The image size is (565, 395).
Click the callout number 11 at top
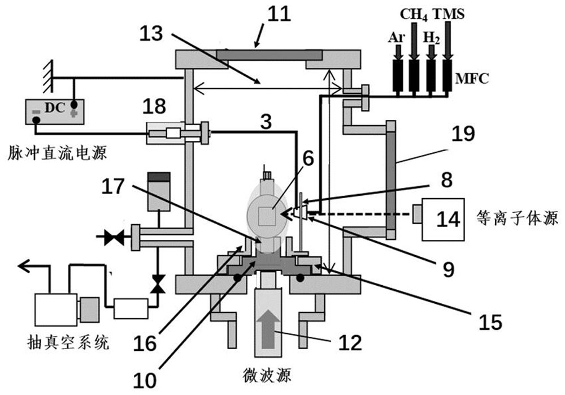(279, 15)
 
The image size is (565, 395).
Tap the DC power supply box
(55, 112)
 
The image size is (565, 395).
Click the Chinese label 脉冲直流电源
(58, 153)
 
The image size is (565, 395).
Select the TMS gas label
(449, 14)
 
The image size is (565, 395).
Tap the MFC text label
(472, 78)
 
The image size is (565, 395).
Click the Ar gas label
(397, 37)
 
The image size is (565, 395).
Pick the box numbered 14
(443, 220)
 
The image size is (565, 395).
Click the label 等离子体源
(517, 218)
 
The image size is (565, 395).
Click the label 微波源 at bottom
(267, 376)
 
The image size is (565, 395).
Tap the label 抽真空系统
(68, 342)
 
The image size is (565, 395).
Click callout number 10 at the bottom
(145, 380)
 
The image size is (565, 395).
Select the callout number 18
(154, 106)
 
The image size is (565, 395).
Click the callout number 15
(490, 321)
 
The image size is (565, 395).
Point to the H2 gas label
(431, 37)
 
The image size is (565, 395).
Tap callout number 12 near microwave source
(350, 342)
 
